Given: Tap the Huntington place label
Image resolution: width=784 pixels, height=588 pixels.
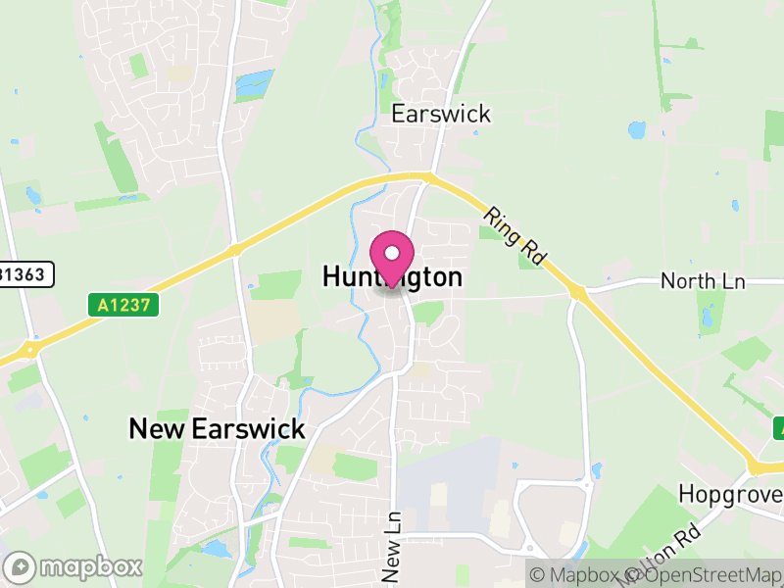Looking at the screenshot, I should click(x=392, y=278).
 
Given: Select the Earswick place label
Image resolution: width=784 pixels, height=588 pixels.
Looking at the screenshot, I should click(x=441, y=114).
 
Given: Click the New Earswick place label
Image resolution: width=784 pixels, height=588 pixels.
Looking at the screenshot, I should click(x=218, y=428).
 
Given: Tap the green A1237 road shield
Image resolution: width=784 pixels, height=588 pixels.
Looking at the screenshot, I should click(x=125, y=306).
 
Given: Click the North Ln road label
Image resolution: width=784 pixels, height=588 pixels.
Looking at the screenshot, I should click(x=703, y=282).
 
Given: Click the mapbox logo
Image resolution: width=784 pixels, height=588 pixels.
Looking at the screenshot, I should click(x=75, y=566).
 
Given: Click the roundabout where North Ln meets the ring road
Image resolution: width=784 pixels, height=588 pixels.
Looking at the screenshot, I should click(x=576, y=292).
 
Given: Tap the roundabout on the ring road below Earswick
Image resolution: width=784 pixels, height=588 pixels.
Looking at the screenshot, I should click(x=427, y=176).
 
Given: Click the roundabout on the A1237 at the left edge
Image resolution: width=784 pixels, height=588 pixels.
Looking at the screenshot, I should click(x=31, y=347).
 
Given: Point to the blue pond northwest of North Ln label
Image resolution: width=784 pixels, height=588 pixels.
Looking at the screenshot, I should click(x=637, y=129).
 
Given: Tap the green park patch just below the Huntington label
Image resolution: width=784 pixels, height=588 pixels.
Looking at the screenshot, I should click(x=427, y=312).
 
